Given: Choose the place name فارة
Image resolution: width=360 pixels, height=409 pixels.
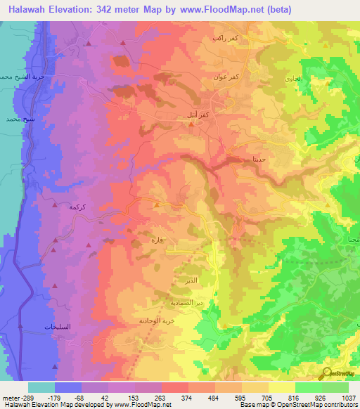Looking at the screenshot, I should tap(157, 240).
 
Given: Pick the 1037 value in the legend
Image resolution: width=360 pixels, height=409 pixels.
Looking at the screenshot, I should tap(346, 398).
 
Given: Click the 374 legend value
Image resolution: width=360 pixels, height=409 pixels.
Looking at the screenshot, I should tap(188, 398).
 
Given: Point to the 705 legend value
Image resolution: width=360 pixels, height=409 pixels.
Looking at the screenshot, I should tap(266, 398).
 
